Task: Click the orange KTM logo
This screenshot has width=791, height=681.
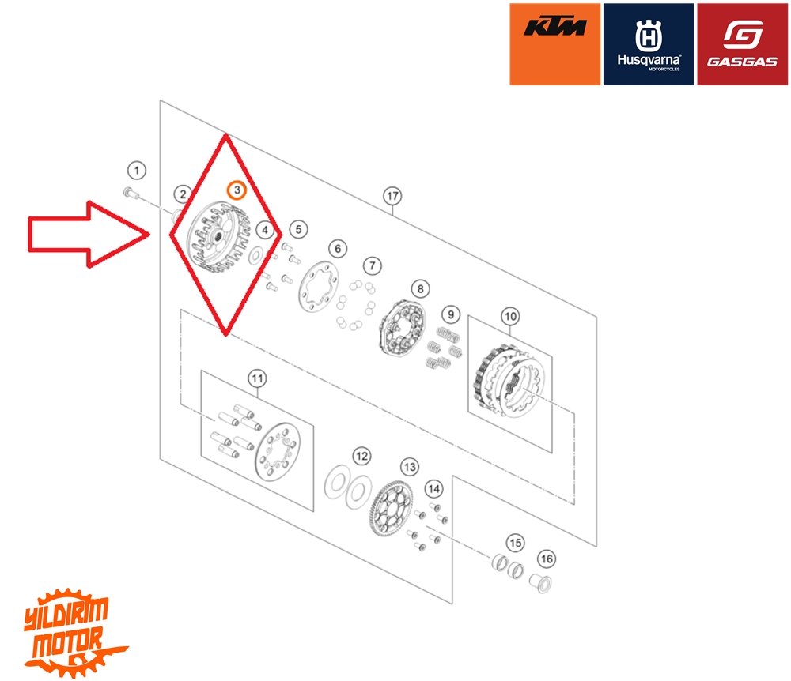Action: pos(555,44)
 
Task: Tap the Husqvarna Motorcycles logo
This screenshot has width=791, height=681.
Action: pos(649,44)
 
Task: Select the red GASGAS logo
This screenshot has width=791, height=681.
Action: pos(742,44)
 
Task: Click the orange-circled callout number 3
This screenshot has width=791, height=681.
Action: pos(236,190)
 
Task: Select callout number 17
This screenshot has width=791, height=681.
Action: pos(392,195)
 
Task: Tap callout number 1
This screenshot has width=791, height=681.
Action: pos(138,170)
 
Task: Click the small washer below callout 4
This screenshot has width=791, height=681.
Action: pos(255,256)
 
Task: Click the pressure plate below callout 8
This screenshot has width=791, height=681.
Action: pos(403,330)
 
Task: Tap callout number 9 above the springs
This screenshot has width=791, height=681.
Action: pos(450,314)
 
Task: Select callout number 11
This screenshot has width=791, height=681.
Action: pos(257,378)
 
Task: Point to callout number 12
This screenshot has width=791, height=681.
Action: pos(361,456)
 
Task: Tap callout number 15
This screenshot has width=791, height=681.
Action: pos(515,543)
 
